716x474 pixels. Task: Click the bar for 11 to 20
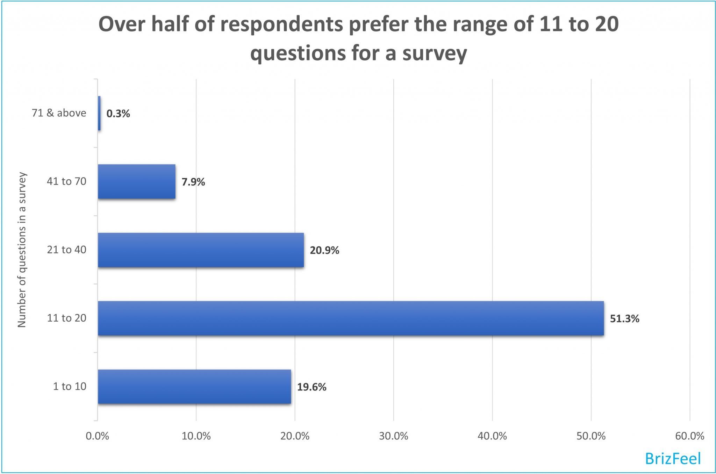click(351, 318)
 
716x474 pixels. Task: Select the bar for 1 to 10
click(194, 387)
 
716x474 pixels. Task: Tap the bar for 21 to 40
click(201, 250)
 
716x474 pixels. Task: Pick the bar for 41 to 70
click(137, 181)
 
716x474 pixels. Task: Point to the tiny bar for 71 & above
click(99, 113)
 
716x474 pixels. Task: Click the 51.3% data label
click(624, 319)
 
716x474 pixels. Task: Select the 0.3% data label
click(118, 114)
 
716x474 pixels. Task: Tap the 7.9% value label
click(193, 182)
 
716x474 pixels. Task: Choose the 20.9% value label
click(324, 250)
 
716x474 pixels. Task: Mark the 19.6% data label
click(312, 387)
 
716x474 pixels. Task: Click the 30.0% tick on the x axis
click(394, 436)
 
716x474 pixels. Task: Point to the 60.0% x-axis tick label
click(689, 436)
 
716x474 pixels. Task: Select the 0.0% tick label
click(98, 436)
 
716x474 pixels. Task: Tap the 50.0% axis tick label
click(591, 436)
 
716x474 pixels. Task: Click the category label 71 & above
click(59, 113)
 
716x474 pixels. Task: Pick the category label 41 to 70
click(66, 181)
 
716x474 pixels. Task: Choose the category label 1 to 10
click(69, 386)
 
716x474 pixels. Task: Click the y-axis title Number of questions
click(22, 250)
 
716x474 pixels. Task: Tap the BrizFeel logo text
click(673, 458)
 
